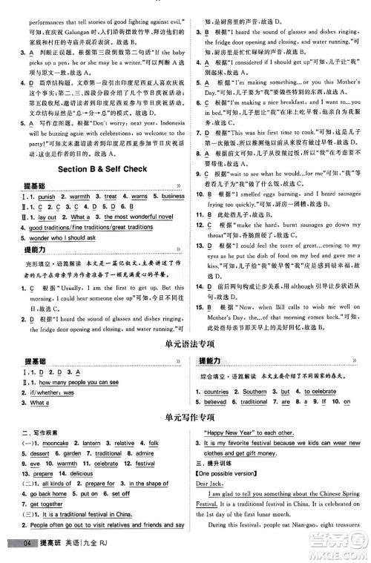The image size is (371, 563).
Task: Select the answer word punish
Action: click(x=46, y=197)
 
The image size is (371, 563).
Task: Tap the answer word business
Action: click(x=173, y=197)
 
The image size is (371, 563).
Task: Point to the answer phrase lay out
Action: click(x=47, y=217)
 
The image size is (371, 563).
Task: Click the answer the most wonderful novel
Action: click(x=139, y=217)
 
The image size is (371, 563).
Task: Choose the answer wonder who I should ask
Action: click(x=63, y=238)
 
